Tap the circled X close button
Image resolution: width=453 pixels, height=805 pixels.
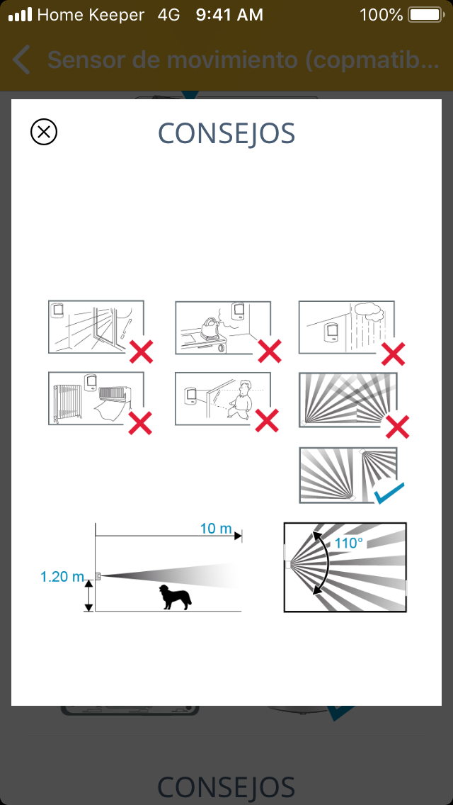pos(44,132)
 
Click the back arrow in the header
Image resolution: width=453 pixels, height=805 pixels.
pos(21,60)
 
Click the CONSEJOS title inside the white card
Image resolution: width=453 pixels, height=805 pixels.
pos(226,133)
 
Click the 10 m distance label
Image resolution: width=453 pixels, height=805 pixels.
pos(216,529)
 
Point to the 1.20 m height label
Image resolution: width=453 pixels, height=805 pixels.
pos(62,577)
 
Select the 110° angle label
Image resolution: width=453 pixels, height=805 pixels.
pos(350,542)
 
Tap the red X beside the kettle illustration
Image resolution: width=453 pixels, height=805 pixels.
pos(270,351)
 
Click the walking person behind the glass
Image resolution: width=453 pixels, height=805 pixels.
pos(241,399)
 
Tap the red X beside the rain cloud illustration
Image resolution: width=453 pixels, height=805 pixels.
pos(393,353)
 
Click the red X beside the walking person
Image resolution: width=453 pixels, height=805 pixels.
pos(267,421)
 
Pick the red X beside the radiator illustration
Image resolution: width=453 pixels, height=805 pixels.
pos(140,423)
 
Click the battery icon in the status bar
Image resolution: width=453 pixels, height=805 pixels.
pos(425,15)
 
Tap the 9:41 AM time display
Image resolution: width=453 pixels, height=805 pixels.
pos(229,15)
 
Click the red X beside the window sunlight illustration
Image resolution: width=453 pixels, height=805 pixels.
pos(141,351)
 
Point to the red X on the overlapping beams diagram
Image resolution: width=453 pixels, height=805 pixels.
pos(397,427)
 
